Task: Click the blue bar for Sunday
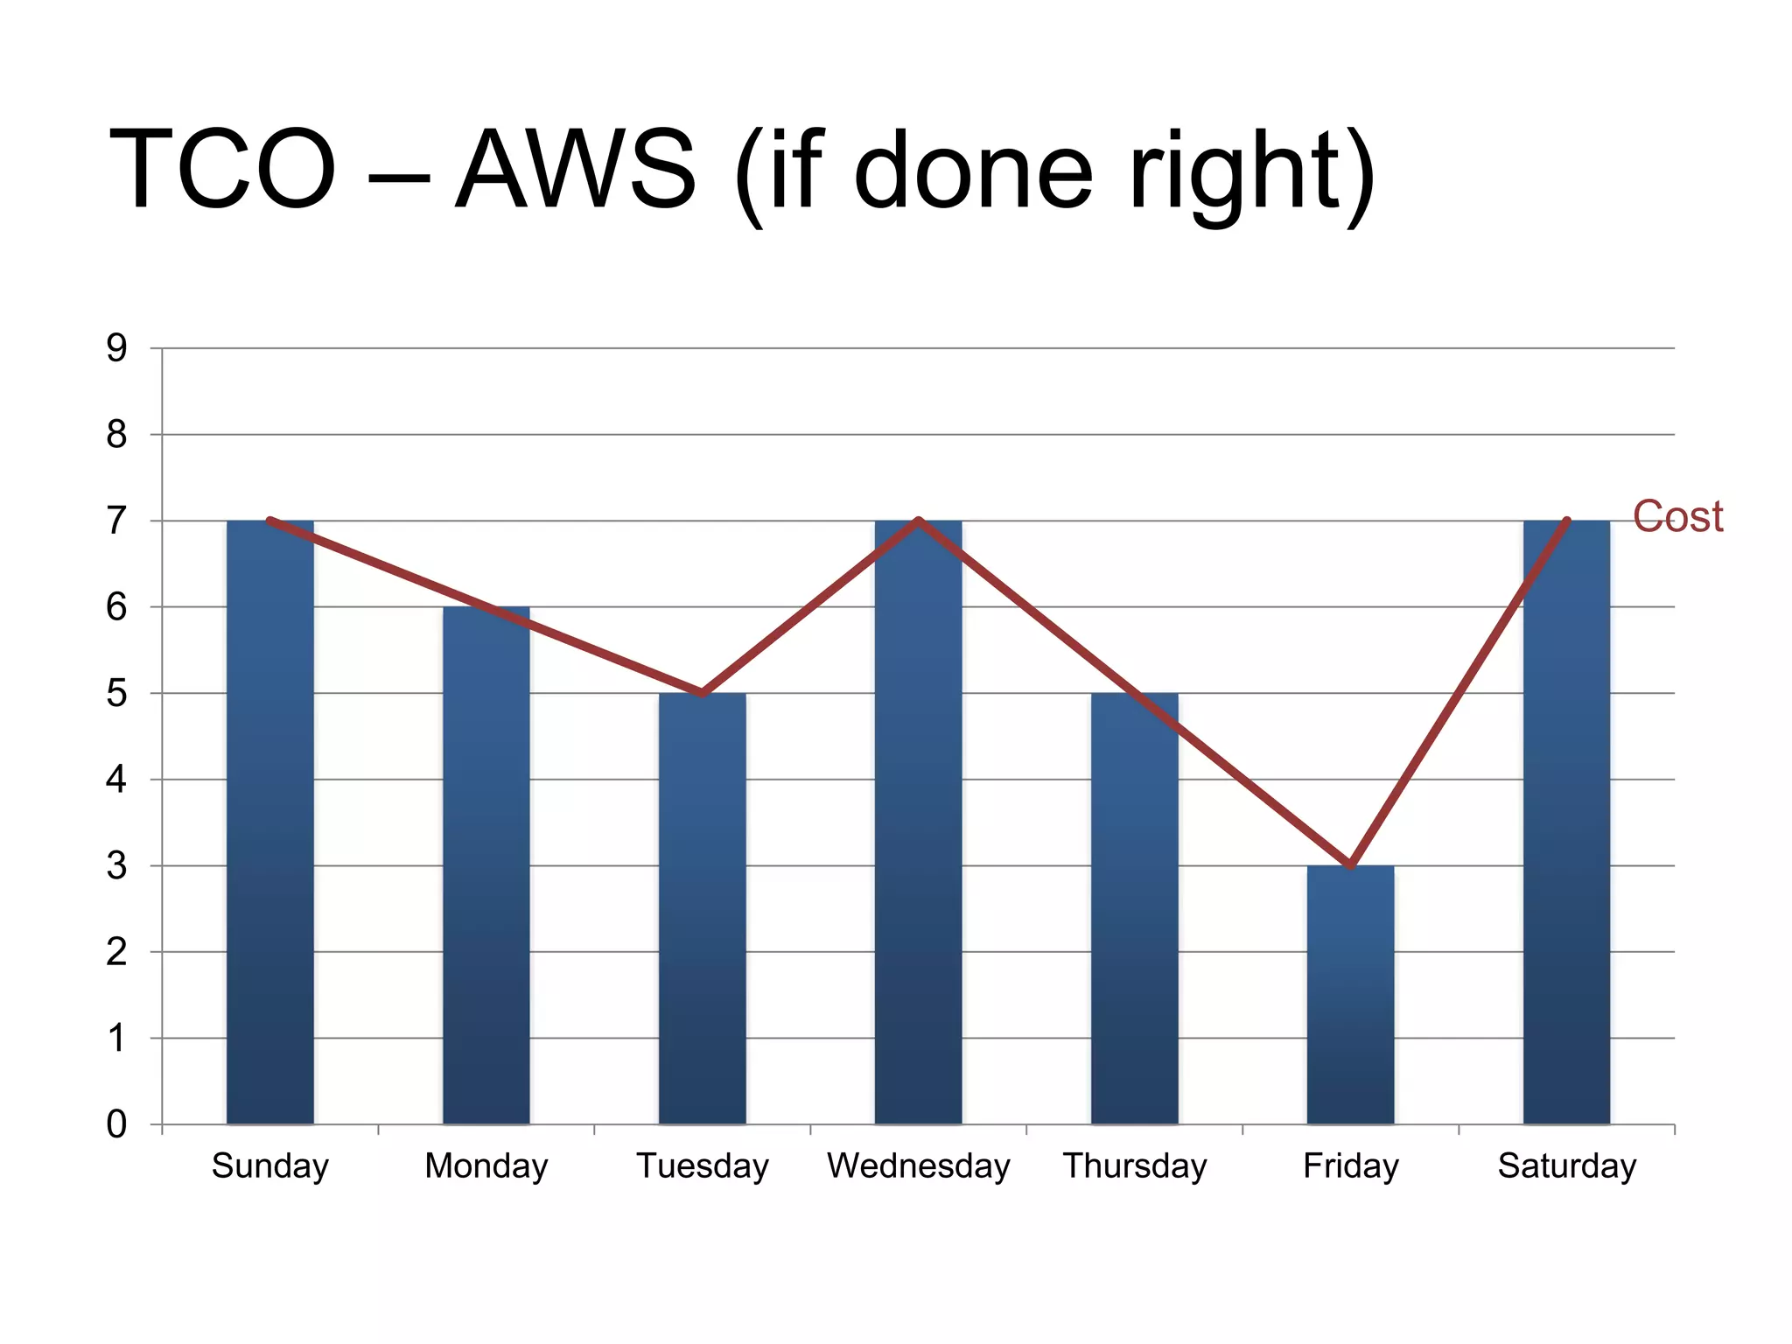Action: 269,822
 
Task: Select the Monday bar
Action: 486,866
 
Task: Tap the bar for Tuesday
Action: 702,910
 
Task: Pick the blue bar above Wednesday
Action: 918,822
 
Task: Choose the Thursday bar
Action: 1134,910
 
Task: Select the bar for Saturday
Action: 1566,822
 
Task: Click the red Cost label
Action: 1677,516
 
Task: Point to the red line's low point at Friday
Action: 1350,864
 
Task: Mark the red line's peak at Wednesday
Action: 918,521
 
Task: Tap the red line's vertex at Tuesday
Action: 702,693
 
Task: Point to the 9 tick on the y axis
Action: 116,348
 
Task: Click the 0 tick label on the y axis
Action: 116,1124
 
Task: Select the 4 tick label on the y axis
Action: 116,780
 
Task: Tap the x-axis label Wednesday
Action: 918,1166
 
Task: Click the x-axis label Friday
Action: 1350,1166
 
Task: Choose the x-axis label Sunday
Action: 269,1166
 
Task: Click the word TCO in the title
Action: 222,169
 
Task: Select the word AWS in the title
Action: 576,169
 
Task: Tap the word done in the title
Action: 973,169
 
